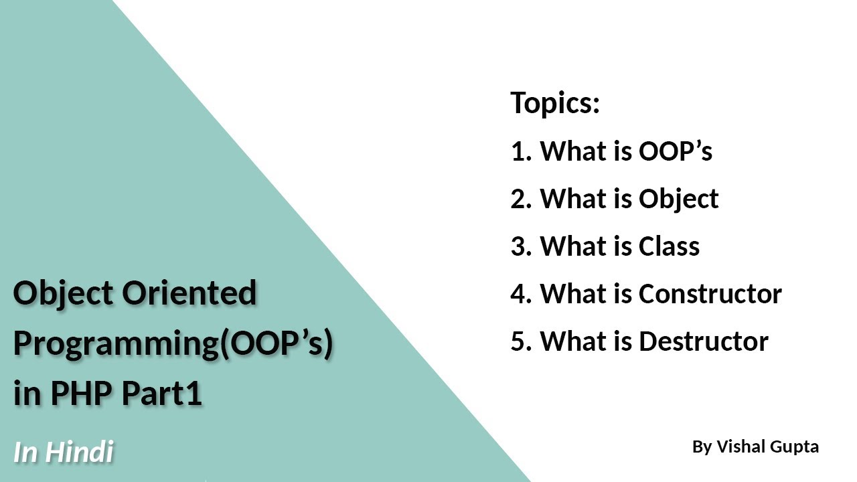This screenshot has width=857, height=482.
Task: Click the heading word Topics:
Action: point(555,103)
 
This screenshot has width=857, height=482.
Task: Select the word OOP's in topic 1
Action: point(675,151)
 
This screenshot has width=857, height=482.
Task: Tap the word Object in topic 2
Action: point(678,199)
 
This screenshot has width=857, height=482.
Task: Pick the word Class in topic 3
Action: point(669,246)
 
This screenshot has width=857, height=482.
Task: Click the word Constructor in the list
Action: point(710,294)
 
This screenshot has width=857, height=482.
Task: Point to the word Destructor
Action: point(703,341)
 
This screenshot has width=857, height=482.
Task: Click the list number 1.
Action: point(520,151)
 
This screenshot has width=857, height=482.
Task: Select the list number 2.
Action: point(520,199)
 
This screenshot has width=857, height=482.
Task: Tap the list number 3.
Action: point(520,246)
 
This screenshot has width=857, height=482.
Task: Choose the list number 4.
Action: point(520,294)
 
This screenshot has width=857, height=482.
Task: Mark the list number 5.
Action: point(520,341)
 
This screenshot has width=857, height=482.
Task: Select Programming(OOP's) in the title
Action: point(173,343)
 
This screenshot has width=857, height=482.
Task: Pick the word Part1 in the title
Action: point(161,394)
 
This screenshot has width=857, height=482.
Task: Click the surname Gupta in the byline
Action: point(795,447)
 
